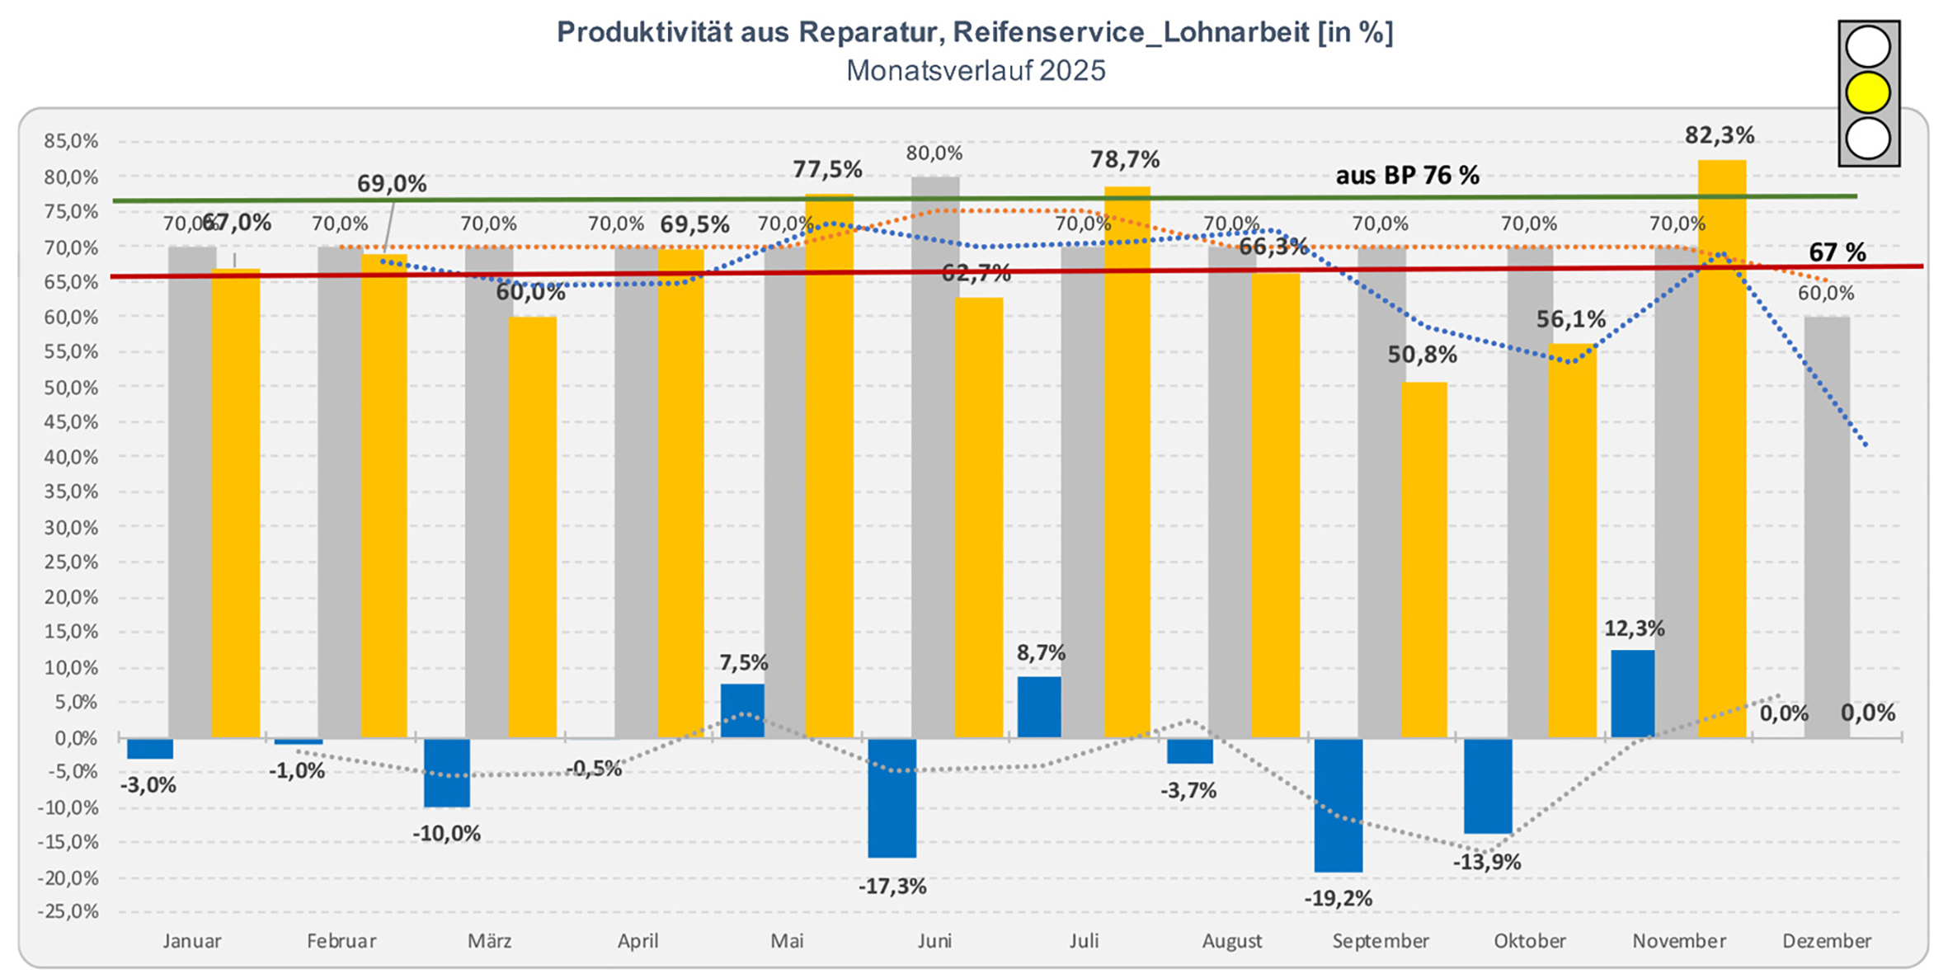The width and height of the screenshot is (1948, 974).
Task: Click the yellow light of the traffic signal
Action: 1868,92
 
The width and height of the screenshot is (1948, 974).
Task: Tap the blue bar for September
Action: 1338,804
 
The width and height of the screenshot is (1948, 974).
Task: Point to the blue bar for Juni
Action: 892,798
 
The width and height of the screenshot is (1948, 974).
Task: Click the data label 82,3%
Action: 1719,135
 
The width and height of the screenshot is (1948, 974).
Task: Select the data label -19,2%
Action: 1338,899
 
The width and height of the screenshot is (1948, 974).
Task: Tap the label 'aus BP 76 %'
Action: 1407,176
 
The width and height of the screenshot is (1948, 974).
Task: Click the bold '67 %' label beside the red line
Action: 1837,252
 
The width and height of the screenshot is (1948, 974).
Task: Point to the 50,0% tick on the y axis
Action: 71,388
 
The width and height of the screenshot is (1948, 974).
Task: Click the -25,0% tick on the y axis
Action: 68,912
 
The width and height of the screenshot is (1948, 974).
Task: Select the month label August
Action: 1231,941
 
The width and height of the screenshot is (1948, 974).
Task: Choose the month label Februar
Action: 341,941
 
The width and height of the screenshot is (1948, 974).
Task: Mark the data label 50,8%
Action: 1422,355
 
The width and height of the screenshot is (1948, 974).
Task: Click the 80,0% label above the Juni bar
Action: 934,153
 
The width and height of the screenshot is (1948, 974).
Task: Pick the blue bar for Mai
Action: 742,710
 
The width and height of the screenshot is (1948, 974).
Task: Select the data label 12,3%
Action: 1634,629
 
